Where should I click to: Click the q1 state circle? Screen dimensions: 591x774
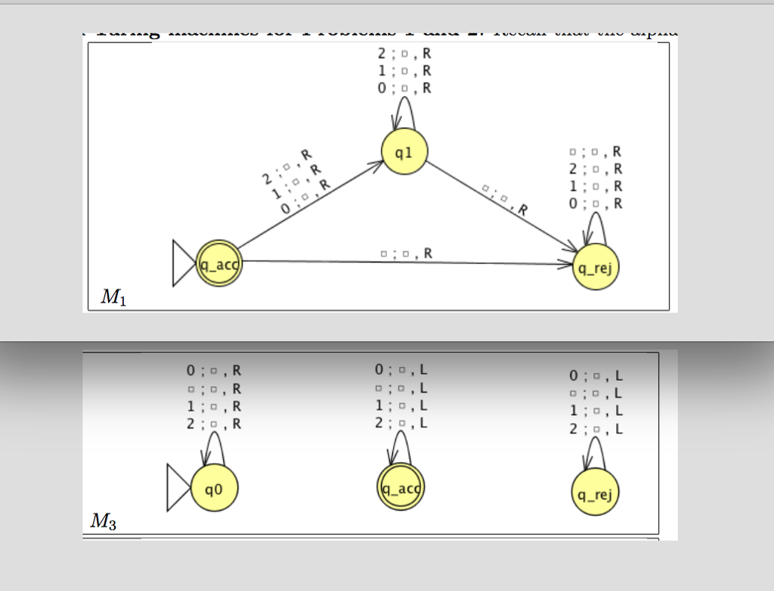coord(404,151)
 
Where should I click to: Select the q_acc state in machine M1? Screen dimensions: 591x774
coord(218,263)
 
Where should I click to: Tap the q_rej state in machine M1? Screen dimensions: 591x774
coord(596,267)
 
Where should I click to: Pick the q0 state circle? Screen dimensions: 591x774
coord(215,490)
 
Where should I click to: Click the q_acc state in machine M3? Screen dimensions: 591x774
coord(401,488)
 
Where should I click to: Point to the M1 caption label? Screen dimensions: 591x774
coord(113,297)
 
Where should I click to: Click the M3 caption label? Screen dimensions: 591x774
coord(104,521)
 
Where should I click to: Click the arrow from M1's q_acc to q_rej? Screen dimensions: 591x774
coord(408,263)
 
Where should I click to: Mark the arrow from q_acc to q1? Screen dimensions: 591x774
coord(310,206)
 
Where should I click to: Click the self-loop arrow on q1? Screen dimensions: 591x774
coord(404,117)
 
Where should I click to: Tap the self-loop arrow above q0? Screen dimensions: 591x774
coord(214,448)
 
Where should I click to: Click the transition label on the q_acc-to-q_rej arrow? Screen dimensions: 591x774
coord(407,253)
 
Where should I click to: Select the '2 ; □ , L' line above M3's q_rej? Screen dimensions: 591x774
coord(596,429)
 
